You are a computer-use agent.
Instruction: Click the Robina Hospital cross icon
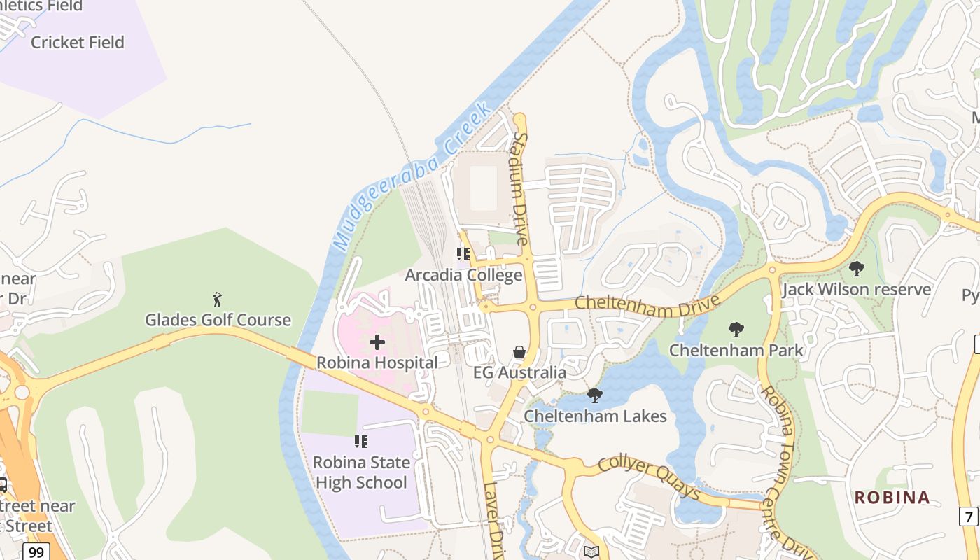[x=377, y=342]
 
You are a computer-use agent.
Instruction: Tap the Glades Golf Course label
[x=218, y=320]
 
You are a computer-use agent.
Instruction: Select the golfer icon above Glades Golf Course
[x=218, y=300]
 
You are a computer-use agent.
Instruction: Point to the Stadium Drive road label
[x=521, y=188]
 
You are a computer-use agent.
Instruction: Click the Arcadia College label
[x=463, y=275]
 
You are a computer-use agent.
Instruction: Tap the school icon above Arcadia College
[x=463, y=254]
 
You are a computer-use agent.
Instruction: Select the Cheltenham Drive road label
[x=647, y=304]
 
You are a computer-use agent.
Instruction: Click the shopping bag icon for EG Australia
[x=519, y=352]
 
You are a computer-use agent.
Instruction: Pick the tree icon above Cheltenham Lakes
[x=595, y=395]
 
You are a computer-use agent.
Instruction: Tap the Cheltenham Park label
[x=736, y=349]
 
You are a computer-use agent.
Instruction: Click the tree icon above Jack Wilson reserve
[x=856, y=269]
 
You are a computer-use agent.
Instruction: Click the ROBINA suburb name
[x=892, y=498]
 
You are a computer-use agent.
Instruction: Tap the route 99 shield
[x=36, y=552]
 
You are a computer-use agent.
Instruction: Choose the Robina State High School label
[x=361, y=472]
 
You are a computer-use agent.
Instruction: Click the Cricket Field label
[x=78, y=42]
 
